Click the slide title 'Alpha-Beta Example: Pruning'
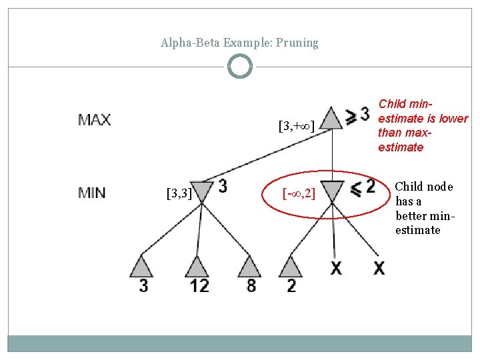(239, 43)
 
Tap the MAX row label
(95, 121)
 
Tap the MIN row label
(92, 193)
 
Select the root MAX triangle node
(331, 118)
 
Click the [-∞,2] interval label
(299, 194)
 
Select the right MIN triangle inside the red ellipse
(331, 190)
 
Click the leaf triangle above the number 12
(196, 267)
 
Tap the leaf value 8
(251, 286)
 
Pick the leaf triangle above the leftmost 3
(141, 267)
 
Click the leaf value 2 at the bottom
(291, 286)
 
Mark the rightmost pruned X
(379, 268)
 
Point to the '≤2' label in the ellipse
(363, 188)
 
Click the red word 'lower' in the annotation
(454, 119)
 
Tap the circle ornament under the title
(239, 67)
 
